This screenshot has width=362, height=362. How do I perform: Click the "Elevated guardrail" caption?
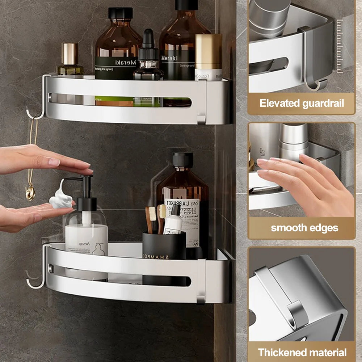301,103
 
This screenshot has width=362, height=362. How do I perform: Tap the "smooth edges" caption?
304,228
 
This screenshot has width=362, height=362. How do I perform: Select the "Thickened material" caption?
302,352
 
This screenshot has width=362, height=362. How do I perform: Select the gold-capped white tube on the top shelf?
209,56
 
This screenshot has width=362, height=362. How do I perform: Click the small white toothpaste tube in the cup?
173,223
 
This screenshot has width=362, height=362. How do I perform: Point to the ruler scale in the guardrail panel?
339,45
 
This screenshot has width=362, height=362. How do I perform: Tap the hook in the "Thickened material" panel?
297,311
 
